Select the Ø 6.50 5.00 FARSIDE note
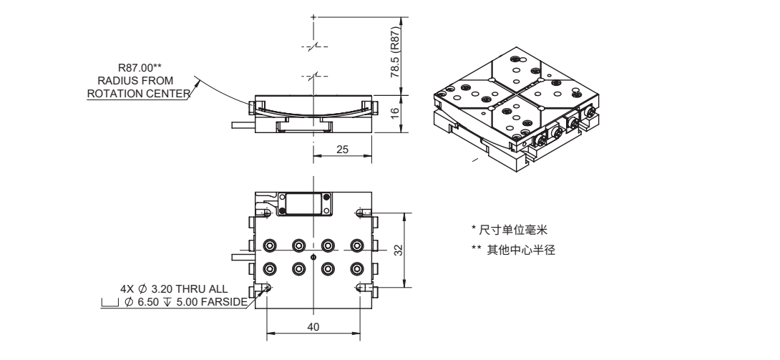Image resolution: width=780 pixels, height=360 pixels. [187, 303]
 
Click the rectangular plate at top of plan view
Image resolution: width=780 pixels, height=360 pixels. [305, 204]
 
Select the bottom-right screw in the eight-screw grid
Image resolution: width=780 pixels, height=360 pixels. [356, 269]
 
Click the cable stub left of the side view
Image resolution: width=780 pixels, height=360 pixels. [241, 125]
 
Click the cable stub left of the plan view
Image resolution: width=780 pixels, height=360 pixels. [241, 256]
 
